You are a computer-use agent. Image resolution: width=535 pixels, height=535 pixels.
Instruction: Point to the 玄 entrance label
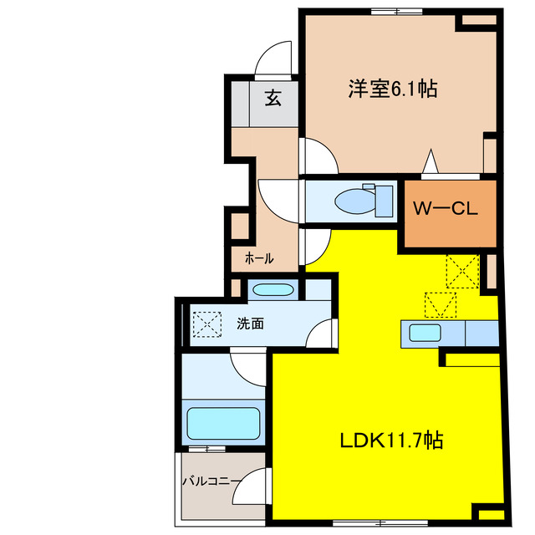pyautogui.click(x=273, y=99)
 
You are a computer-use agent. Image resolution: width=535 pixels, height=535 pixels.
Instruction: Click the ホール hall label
pyautogui.click(x=258, y=258)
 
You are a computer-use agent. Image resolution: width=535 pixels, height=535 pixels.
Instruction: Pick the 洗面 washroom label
pyautogui.click(x=250, y=323)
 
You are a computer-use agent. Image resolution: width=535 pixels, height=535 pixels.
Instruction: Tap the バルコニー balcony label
pyautogui.click(x=211, y=481)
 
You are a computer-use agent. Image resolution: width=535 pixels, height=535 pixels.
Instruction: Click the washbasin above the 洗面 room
pyautogui.click(x=273, y=290)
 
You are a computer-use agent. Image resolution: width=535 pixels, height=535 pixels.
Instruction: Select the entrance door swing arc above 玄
pyautogui.click(x=273, y=59)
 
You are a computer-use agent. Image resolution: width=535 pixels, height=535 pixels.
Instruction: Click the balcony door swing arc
pyautogui.click(x=252, y=485)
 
